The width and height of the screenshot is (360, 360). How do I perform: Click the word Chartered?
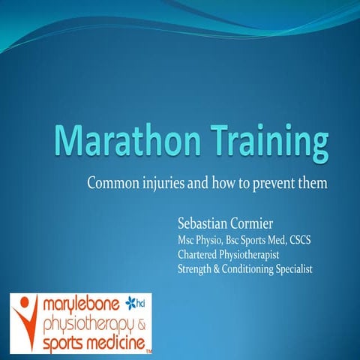pyautogui.click(x=197, y=254)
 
